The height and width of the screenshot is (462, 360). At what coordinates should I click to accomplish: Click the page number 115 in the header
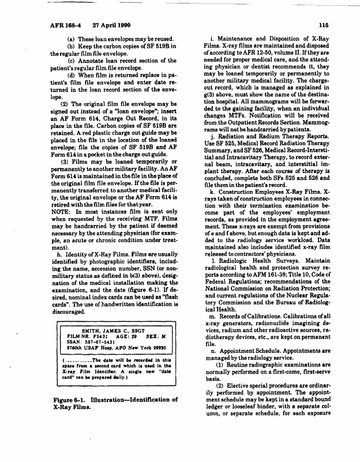click(x=323, y=25)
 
